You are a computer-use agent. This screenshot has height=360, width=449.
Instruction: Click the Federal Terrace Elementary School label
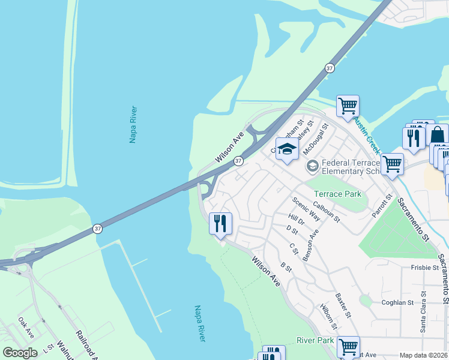351,167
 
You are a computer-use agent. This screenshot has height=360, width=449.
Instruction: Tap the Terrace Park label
337,194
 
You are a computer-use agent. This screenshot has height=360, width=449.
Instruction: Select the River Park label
315,340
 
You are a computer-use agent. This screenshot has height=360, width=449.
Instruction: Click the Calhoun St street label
327,212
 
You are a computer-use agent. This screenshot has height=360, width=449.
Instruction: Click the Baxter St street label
343,305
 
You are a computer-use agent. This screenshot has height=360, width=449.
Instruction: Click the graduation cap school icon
287,149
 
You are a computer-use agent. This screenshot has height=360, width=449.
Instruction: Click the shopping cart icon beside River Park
348,347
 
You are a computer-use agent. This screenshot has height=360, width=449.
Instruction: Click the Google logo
20,353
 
